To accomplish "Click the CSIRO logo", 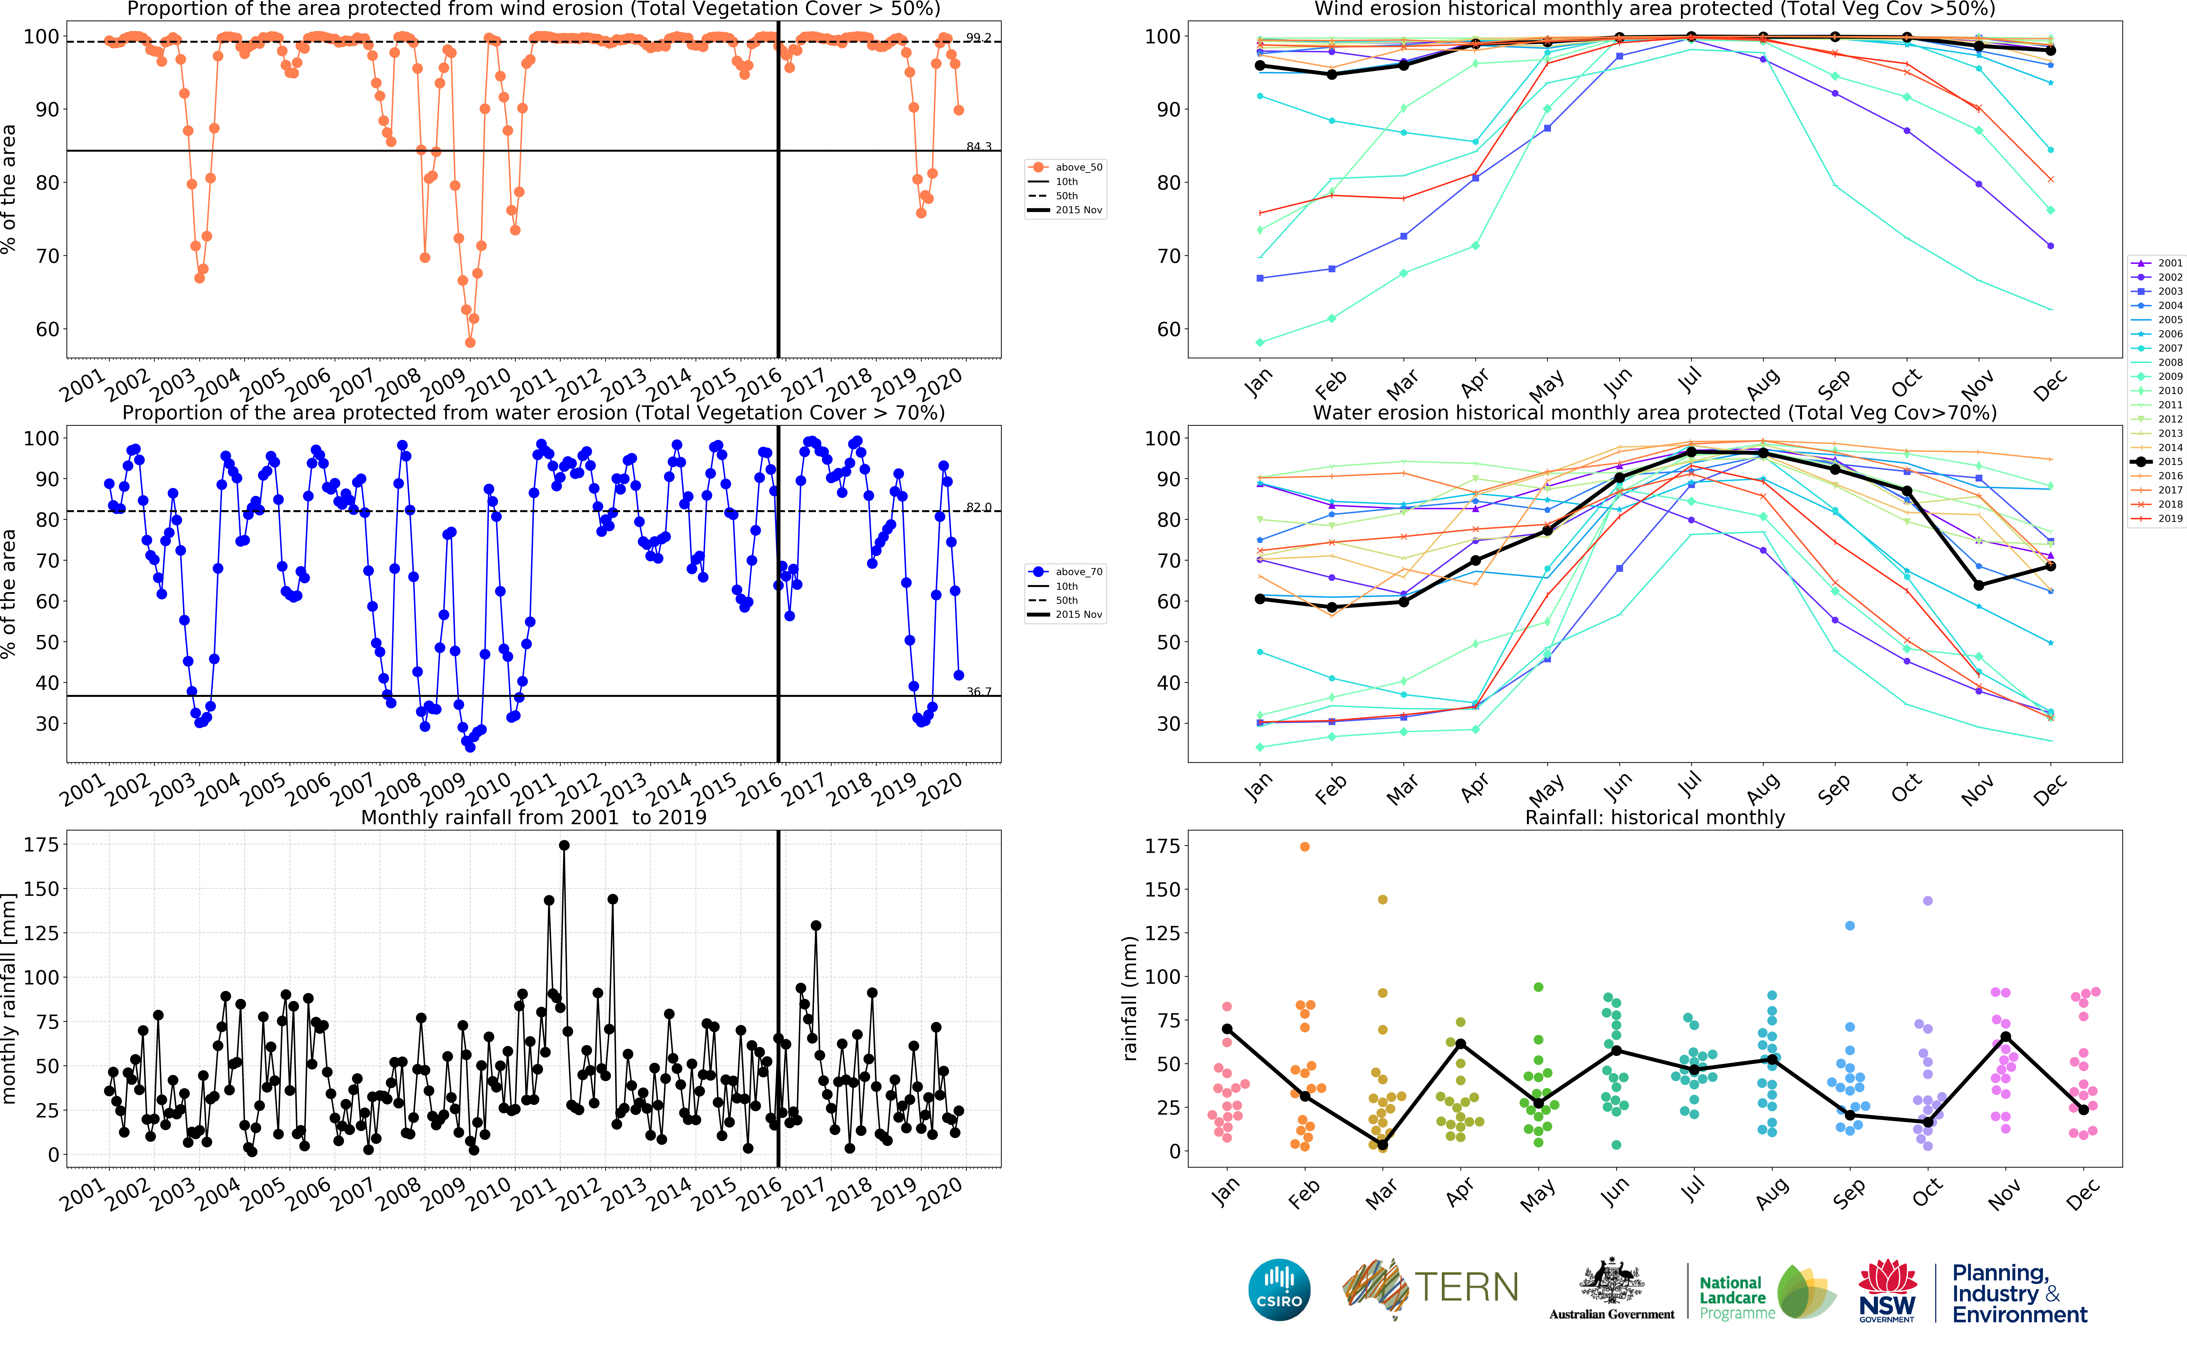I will point(1279,1289).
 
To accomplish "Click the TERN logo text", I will point(1466,1287).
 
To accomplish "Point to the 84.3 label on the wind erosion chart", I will point(978,146).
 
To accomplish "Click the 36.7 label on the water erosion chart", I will point(978,691).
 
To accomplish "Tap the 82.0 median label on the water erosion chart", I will point(978,507).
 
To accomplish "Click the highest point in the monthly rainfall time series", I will point(564,845).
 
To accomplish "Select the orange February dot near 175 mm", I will point(1304,846).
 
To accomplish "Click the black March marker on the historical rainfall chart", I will point(1382,1145).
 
